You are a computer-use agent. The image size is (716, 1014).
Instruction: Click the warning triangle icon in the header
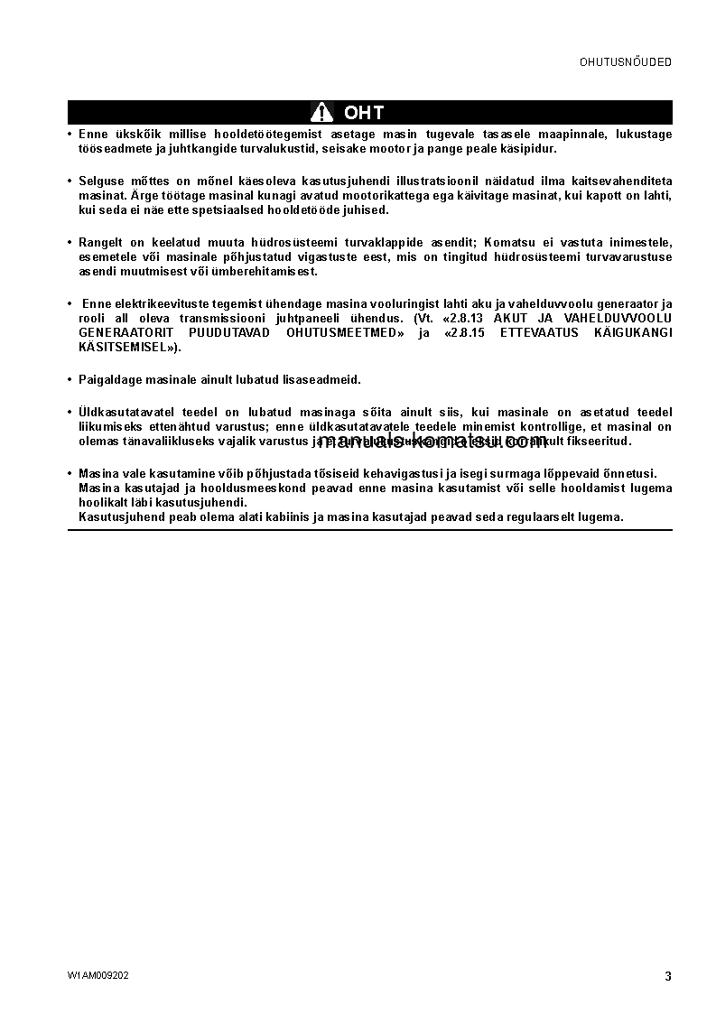click(321, 112)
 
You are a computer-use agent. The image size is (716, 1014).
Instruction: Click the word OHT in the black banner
click(364, 113)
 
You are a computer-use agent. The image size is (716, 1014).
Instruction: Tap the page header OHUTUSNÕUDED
click(626, 62)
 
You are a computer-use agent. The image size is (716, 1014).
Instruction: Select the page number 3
click(668, 976)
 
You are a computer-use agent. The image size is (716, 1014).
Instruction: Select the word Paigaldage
click(110, 380)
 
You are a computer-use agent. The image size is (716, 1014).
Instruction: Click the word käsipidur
click(529, 149)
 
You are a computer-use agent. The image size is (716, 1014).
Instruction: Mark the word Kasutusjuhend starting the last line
click(115, 517)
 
